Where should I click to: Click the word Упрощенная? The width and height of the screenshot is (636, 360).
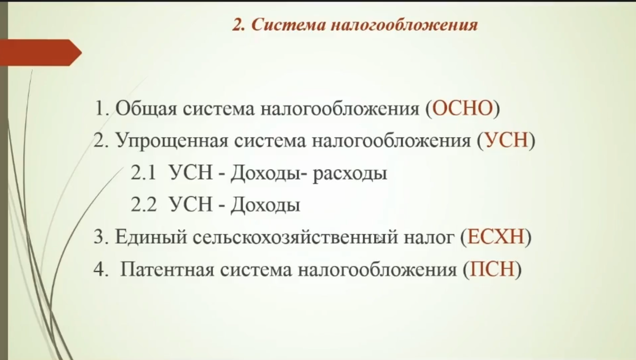(172, 143)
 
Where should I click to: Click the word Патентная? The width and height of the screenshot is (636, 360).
(166, 270)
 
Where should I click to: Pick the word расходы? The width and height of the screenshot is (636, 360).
(349, 174)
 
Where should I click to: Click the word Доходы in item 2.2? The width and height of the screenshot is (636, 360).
(265, 206)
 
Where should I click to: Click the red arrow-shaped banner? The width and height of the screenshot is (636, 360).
(40, 52)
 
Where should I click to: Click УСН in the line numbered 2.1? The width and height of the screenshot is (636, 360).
(190, 174)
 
